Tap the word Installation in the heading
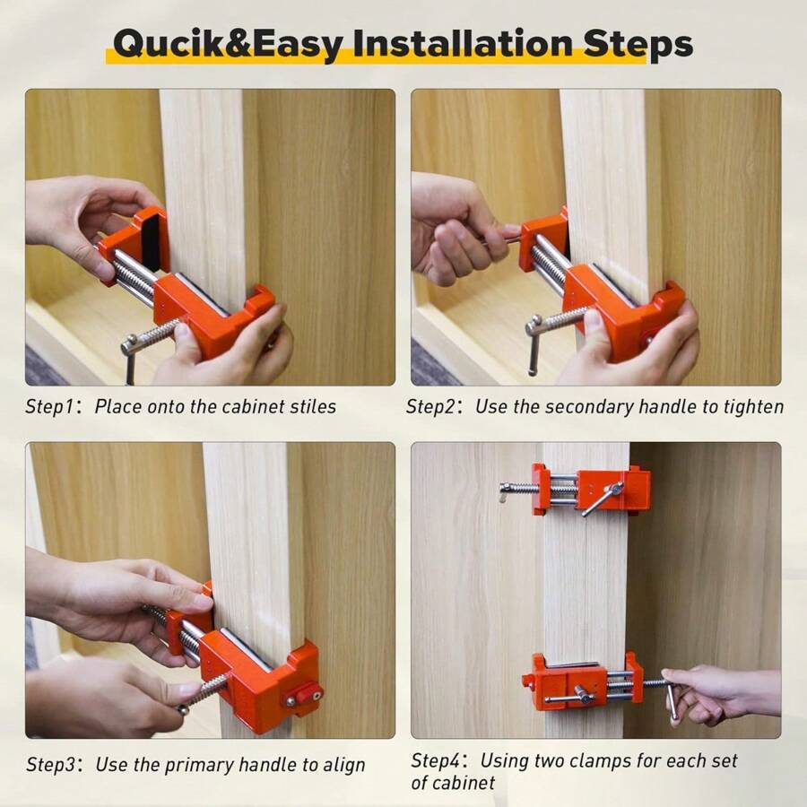click(466, 43)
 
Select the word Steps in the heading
click(646, 43)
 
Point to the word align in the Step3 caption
click(343, 765)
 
